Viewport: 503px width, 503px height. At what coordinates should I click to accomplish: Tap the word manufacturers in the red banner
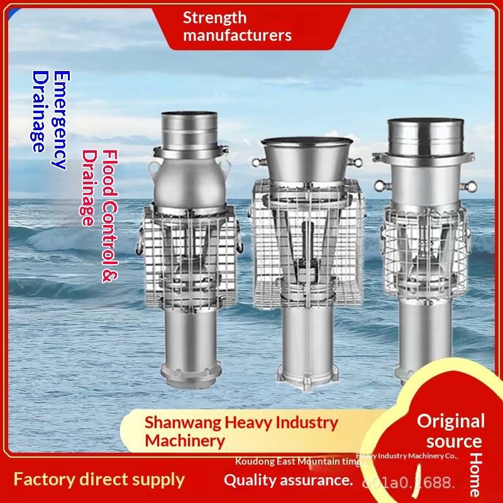238,35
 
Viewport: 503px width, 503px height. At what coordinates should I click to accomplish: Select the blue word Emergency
60,119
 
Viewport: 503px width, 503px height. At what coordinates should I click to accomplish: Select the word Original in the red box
451,421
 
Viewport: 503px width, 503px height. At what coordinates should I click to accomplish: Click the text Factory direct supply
99,480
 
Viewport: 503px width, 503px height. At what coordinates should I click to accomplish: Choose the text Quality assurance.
288,480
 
